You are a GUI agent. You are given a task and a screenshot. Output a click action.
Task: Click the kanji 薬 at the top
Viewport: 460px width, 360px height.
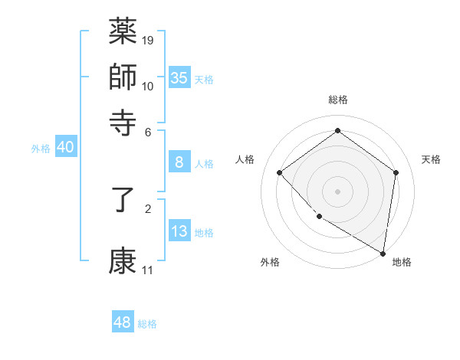coord(123,31)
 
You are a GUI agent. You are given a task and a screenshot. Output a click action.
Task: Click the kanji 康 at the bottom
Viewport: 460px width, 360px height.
coord(123,261)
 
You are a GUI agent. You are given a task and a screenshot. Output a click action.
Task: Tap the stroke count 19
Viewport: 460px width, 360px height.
coord(148,40)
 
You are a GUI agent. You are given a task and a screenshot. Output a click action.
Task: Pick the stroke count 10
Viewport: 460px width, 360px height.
coord(148,85)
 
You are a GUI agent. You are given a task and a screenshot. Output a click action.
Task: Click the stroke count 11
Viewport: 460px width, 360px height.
coord(147,270)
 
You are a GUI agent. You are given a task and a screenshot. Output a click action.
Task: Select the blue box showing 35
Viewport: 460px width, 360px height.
coord(179,77)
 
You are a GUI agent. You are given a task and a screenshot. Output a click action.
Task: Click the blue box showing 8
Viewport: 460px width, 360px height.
coord(179,162)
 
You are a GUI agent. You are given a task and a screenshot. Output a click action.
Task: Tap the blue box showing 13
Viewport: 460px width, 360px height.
coord(179,231)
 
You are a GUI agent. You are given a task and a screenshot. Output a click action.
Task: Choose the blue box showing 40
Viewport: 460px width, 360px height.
coord(65,148)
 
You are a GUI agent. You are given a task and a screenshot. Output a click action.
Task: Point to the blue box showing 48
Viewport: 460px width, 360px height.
coord(123,322)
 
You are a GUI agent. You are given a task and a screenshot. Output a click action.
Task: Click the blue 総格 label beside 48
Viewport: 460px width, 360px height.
coord(147,324)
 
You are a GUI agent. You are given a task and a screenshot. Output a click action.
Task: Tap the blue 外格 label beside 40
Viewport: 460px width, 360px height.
coord(41,149)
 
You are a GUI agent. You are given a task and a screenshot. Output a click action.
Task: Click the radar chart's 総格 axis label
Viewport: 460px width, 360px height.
coord(338,100)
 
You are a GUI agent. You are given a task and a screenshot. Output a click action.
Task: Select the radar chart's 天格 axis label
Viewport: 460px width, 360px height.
coord(432,159)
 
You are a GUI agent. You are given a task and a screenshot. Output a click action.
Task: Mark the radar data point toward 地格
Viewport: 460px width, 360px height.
coord(383,253)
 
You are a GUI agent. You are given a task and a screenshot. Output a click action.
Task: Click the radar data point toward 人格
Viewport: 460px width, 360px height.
coord(280,172)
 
